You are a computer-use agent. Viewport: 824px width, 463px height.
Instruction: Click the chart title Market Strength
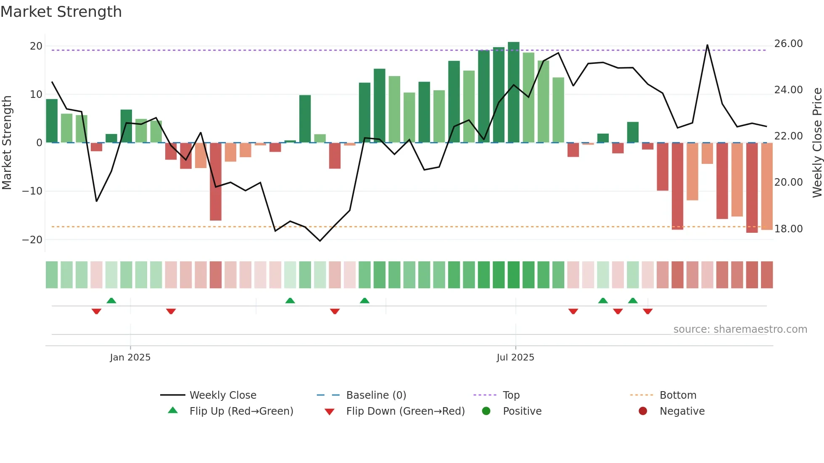click(x=61, y=12)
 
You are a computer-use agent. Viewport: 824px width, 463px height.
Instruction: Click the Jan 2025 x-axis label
click(x=130, y=357)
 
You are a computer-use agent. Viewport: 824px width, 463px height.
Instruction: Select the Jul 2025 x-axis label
click(x=515, y=357)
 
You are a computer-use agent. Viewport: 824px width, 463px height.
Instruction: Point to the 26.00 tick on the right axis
click(x=788, y=44)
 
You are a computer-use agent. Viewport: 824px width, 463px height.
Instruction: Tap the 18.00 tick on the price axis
click(x=788, y=229)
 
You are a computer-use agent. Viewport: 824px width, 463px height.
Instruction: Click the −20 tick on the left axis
click(x=32, y=239)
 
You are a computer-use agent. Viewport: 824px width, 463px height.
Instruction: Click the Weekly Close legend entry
click(x=222, y=395)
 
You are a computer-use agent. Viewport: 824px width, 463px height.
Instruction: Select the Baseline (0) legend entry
click(x=376, y=395)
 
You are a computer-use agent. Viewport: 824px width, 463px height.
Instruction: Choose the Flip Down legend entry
click(x=405, y=411)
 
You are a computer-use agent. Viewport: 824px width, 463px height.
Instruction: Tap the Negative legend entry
click(x=681, y=411)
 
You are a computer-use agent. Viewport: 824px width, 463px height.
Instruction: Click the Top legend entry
click(x=511, y=395)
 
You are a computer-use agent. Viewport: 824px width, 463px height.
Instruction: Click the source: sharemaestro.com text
click(x=740, y=329)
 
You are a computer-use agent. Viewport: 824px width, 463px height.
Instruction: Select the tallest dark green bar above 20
click(x=513, y=92)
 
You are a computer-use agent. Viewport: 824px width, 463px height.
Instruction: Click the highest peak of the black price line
click(x=707, y=45)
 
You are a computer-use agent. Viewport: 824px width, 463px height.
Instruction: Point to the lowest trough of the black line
click(x=320, y=241)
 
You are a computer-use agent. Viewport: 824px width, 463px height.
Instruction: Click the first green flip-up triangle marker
click(x=111, y=300)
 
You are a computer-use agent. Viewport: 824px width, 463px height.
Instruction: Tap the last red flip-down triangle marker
click(x=647, y=311)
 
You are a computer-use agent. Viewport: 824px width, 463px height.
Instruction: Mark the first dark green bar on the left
click(x=52, y=121)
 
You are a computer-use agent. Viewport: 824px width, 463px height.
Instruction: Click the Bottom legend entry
click(x=678, y=395)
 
